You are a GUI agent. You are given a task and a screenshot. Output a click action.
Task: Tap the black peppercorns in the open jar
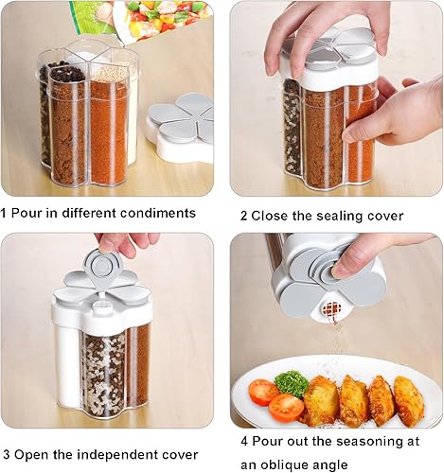[64, 73]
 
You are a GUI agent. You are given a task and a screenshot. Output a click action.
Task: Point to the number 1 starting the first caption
[5, 213]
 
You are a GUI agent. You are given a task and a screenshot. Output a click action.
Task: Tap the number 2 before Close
[243, 216]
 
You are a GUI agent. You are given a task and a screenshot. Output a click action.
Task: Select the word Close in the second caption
[271, 216]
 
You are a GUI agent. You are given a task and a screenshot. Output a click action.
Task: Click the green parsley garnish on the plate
[293, 383]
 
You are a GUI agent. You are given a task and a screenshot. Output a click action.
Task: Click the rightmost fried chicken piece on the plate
[409, 401]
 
